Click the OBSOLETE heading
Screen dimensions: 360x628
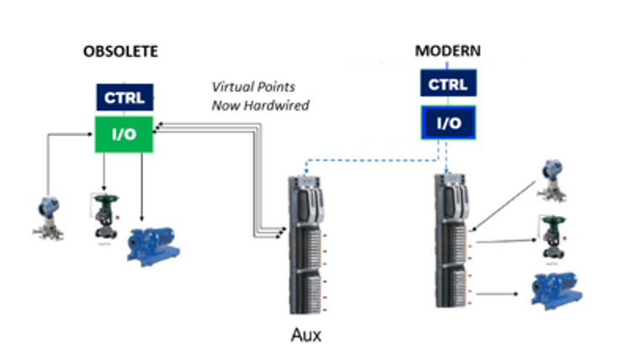[119, 52]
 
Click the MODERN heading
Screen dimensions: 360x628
[448, 50]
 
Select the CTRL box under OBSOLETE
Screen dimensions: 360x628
[124, 97]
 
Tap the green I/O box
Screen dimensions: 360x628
[124, 135]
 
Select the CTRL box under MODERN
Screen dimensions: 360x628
[448, 85]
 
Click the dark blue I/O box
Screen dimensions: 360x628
[448, 123]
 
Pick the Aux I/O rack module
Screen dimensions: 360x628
[306, 244]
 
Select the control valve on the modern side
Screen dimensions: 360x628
[552, 238]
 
